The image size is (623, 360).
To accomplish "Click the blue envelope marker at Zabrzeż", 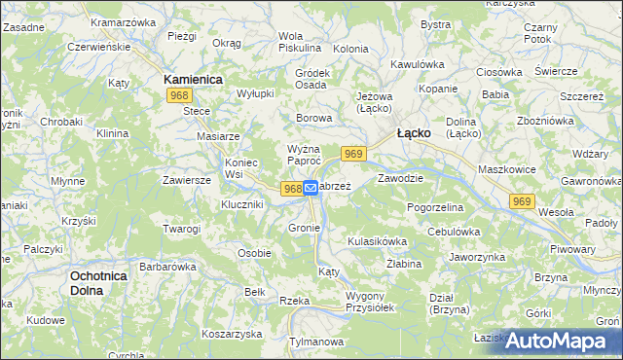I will point(311,188).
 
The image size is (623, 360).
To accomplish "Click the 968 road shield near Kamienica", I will point(178,95).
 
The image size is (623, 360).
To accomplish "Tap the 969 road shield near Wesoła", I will point(522,200).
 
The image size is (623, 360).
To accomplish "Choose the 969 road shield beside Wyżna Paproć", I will point(353,154).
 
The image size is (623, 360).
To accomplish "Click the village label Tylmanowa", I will point(319,342).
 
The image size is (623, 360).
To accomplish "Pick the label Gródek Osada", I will point(311,79).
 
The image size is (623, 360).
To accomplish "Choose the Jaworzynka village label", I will point(476,257).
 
